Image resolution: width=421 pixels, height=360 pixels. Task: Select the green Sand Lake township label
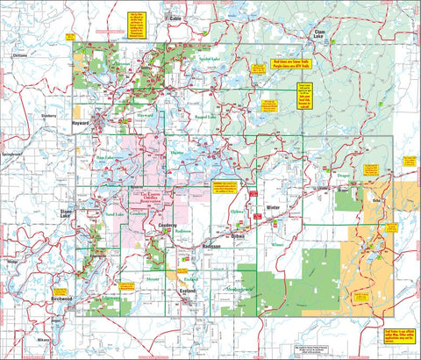pyautogui.click(x=115, y=212)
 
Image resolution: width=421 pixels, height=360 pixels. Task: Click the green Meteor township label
pyautogui.click(x=128, y=279)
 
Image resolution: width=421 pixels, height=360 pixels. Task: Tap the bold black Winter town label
pyautogui.click(x=273, y=207)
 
